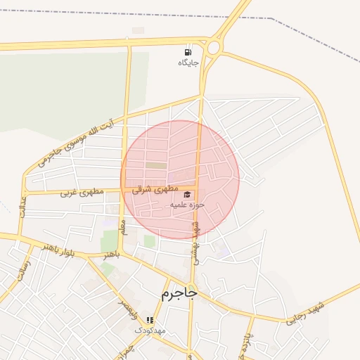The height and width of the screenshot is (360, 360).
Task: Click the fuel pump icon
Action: pyautogui.click(x=188, y=52)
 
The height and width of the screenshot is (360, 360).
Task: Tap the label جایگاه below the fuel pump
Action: pyautogui.click(x=188, y=63)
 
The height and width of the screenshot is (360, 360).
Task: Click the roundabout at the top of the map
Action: pyautogui.click(x=212, y=47)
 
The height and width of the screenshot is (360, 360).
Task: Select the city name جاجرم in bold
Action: pyautogui.click(x=179, y=292)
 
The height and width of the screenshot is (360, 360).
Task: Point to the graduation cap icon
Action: pyautogui.click(x=187, y=195)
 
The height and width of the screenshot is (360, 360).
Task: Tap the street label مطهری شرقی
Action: pyautogui.click(x=151, y=189)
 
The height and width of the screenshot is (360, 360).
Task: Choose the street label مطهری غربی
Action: pyautogui.click(x=82, y=191)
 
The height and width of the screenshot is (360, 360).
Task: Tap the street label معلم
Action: pyautogui.click(x=124, y=226)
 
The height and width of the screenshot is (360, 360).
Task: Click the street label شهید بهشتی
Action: pyautogui.click(x=195, y=243)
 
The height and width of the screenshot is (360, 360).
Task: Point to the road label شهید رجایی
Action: pyautogui.click(x=307, y=312)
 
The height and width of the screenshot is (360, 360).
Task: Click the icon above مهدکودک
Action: pyautogui.click(x=150, y=319)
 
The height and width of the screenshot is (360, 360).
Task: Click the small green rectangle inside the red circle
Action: pyautogui.click(x=155, y=166)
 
